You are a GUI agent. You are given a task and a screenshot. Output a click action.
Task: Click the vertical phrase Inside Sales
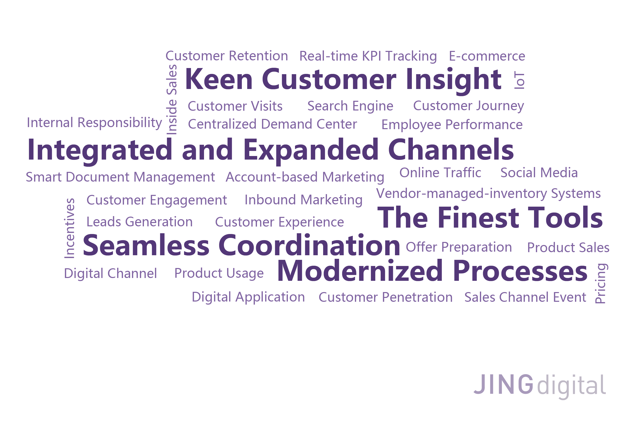point(172,99)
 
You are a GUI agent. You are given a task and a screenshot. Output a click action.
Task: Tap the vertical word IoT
point(519,80)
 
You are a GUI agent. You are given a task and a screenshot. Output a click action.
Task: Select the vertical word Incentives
point(70,228)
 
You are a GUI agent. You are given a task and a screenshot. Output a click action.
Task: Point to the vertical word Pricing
point(601,284)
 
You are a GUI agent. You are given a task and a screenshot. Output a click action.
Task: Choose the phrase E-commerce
point(487,56)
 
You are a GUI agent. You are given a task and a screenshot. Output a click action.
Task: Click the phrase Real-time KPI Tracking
point(368,56)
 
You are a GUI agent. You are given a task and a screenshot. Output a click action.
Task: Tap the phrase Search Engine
point(350,106)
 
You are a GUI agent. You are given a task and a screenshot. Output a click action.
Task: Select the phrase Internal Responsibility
point(94,123)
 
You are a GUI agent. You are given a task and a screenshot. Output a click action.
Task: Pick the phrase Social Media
point(539,173)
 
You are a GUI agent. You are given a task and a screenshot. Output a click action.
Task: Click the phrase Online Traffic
point(440,173)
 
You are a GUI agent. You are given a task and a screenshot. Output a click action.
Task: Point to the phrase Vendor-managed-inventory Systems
point(488,193)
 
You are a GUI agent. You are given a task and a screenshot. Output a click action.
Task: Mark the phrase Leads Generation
point(139,222)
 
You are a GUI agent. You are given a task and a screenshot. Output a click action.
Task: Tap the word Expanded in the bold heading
point(311,150)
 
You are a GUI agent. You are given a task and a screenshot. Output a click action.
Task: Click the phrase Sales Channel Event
point(525,297)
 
